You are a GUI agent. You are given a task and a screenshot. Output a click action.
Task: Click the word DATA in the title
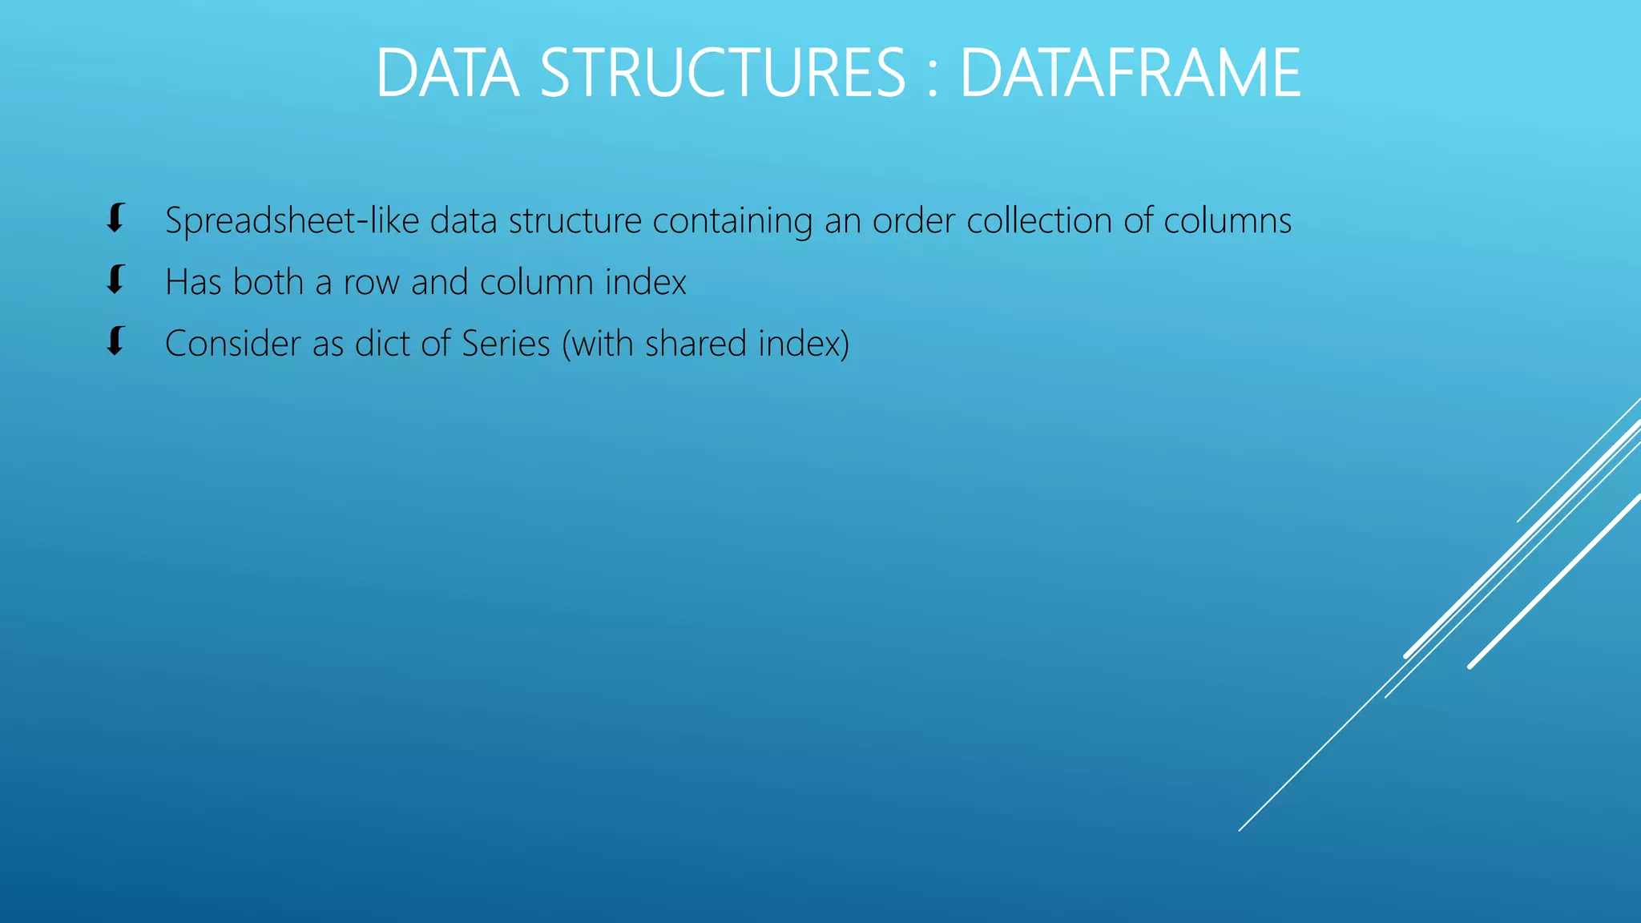click(447, 74)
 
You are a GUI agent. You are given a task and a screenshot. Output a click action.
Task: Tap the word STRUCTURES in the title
click(723, 74)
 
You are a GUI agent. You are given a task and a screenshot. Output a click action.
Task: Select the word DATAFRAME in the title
click(1130, 74)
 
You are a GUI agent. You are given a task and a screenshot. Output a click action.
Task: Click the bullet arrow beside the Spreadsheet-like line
click(116, 218)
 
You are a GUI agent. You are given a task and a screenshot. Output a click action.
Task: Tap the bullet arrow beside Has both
click(116, 280)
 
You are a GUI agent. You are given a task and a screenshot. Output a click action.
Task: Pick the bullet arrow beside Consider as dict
click(116, 341)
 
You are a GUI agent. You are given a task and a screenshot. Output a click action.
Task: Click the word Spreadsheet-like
click(292, 221)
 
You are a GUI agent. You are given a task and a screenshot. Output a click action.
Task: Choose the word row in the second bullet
click(372, 283)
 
